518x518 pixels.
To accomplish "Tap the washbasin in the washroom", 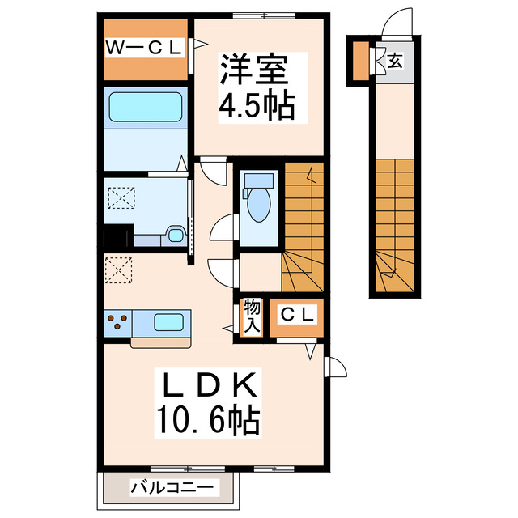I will pos(173,236).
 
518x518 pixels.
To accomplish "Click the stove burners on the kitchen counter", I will pos(118,321).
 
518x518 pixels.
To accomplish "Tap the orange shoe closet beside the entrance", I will pos(359,60).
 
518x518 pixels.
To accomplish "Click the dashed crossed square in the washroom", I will pos(123,197).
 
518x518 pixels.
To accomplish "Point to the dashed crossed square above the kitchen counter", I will pos(119,270).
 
